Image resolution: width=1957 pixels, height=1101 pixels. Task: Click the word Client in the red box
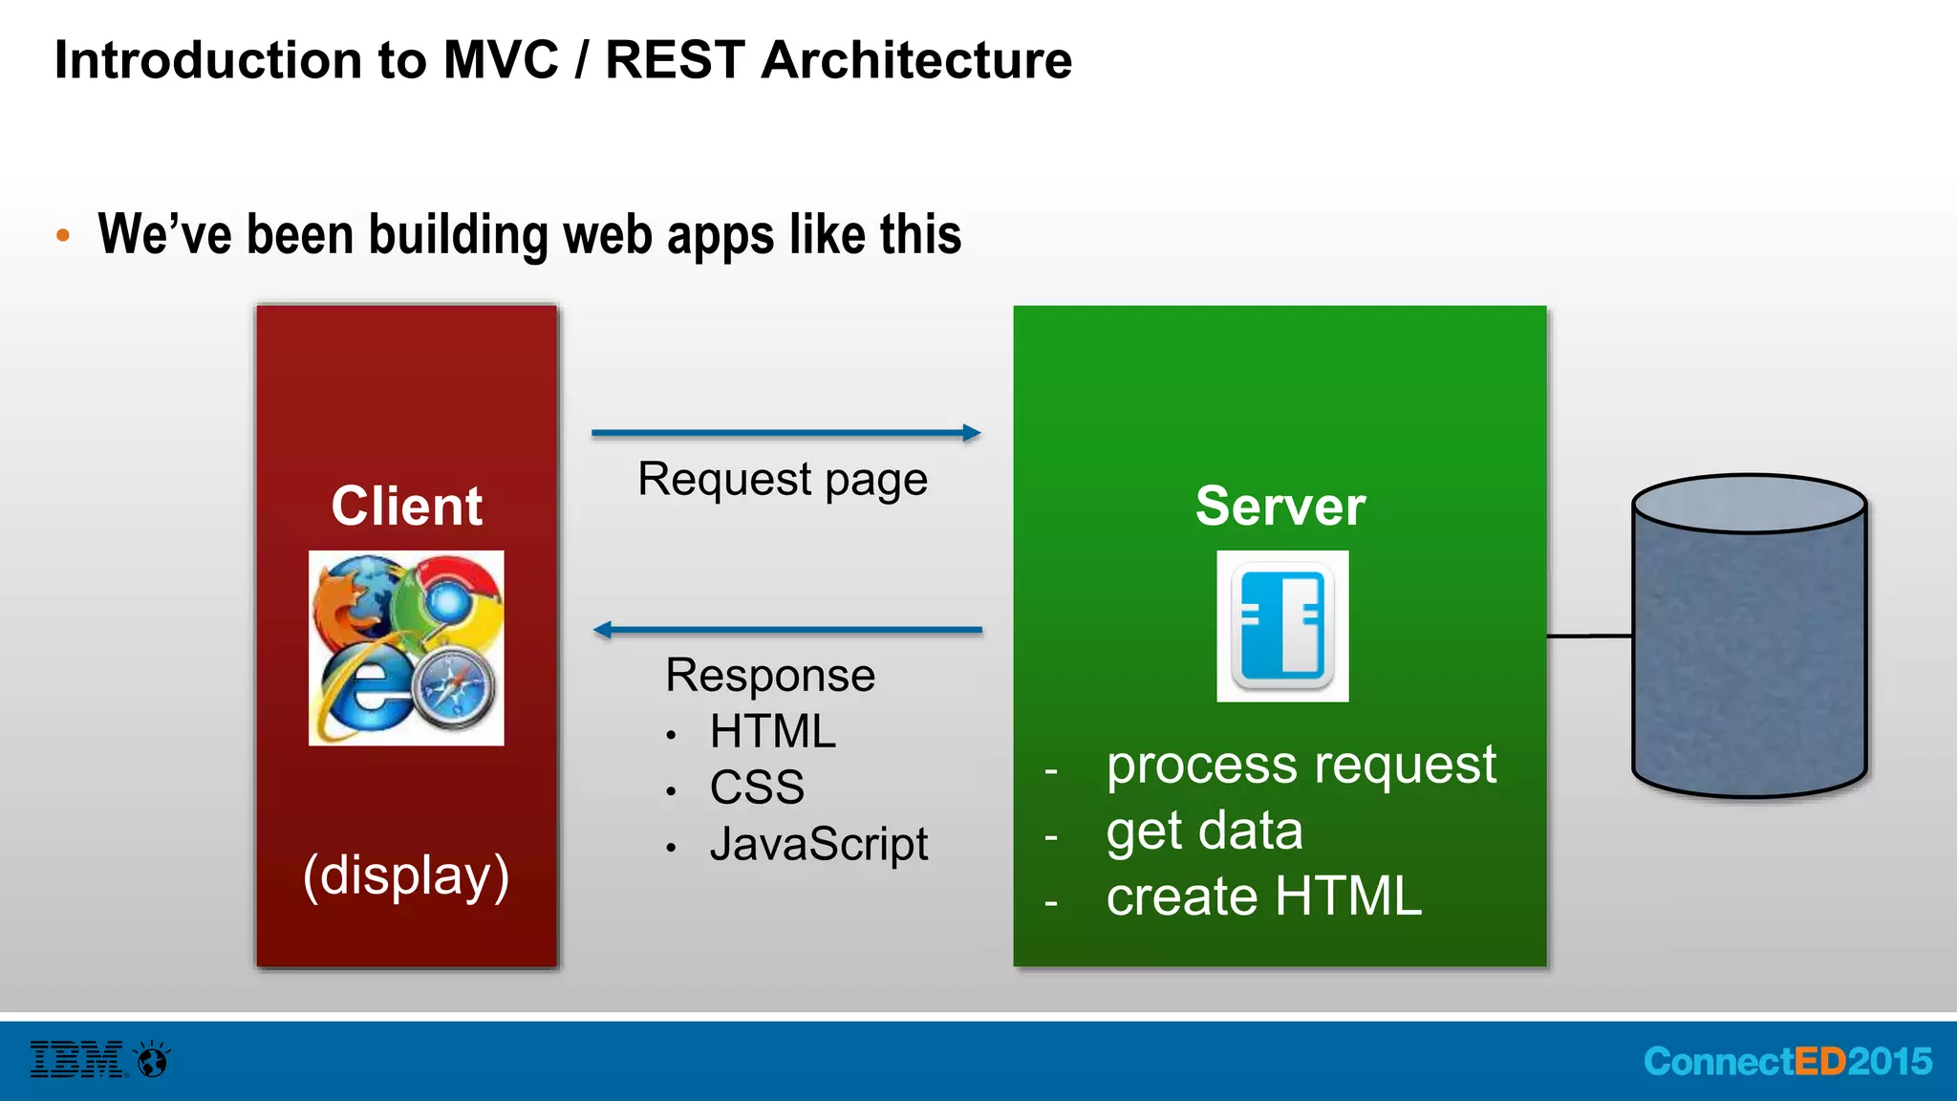point(406,506)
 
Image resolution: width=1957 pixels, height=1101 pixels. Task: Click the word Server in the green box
point(1280,506)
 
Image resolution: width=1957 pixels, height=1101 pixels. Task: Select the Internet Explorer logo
point(361,696)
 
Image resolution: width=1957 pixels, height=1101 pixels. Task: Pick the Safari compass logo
point(457,690)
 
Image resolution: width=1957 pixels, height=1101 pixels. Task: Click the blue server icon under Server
point(1282,626)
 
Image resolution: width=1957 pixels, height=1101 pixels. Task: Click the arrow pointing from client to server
point(785,433)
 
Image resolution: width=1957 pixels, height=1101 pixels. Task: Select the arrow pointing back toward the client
point(787,630)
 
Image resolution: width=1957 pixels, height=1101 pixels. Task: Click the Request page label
point(782,479)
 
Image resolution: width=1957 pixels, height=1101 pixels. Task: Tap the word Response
point(770,676)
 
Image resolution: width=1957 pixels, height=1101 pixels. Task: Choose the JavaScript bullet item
point(818,844)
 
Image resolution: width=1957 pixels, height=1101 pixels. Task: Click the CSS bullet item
point(757,788)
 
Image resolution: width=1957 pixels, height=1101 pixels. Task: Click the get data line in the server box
point(1204,831)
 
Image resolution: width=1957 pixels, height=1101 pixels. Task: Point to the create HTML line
point(1263,896)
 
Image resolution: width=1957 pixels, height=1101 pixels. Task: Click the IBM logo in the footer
point(77,1060)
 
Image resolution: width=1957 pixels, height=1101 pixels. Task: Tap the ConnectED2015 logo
point(1787,1062)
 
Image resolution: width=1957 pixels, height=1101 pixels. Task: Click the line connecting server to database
point(1588,636)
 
